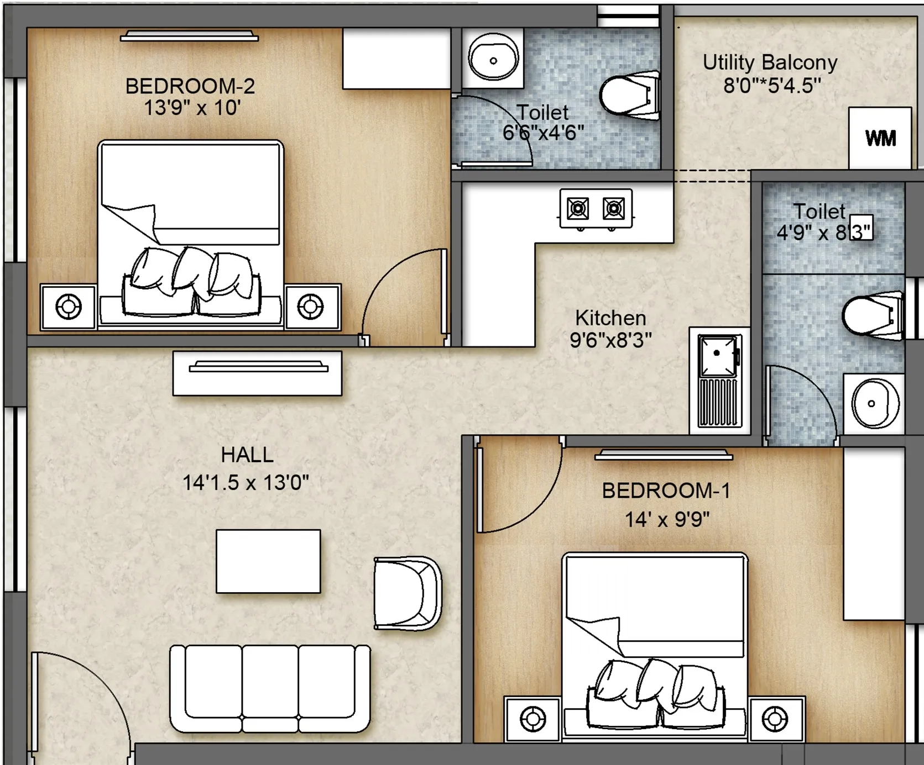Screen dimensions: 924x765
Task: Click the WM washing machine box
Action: click(880, 138)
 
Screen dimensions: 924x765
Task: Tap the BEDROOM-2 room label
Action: click(190, 86)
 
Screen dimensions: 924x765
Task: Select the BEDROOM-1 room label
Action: click(666, 490)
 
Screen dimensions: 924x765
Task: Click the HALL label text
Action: click(247, 455)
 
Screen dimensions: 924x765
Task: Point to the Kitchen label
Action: click(610, 318)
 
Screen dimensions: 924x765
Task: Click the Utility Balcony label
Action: click(770, 62)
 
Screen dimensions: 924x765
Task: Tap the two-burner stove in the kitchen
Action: click(596, 209)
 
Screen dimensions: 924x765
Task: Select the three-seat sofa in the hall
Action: click(270, 688)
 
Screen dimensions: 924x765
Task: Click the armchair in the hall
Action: click(408, 593)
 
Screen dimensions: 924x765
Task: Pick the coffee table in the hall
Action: click(268, 561)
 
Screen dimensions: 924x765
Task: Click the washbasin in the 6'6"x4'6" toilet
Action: click(493, 58)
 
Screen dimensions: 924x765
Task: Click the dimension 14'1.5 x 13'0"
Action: click(246, 483)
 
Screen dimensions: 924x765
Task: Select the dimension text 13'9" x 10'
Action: click(192, 107)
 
